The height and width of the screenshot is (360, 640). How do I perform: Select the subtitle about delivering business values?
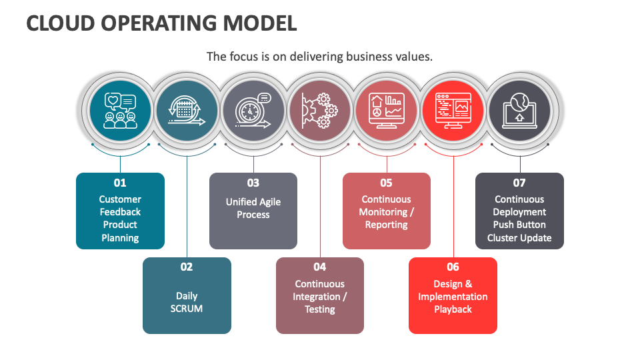319,57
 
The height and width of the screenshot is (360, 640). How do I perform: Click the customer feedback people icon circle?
120,111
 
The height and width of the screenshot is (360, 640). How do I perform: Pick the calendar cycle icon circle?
187,111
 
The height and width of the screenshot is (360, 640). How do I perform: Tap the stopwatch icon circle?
253,111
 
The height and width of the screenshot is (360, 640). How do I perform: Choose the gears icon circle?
320,111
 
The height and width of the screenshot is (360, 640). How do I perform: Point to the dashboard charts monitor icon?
387,111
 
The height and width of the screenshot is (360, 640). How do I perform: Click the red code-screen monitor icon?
453,111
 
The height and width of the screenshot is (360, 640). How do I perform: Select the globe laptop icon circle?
520,111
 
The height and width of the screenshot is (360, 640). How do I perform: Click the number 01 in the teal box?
120,183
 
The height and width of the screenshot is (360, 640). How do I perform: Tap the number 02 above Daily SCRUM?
187,267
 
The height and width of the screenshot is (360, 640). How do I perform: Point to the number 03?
253,183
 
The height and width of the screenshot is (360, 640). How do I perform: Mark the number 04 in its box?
320,267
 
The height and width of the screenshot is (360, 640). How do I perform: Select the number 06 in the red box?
453,267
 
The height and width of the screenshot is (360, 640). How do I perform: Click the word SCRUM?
187,309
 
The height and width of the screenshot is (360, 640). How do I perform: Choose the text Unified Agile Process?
253,208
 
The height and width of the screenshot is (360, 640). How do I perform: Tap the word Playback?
453,309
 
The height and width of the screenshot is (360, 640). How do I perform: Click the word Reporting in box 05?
387,225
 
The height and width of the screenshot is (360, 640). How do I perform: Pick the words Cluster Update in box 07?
519,238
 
